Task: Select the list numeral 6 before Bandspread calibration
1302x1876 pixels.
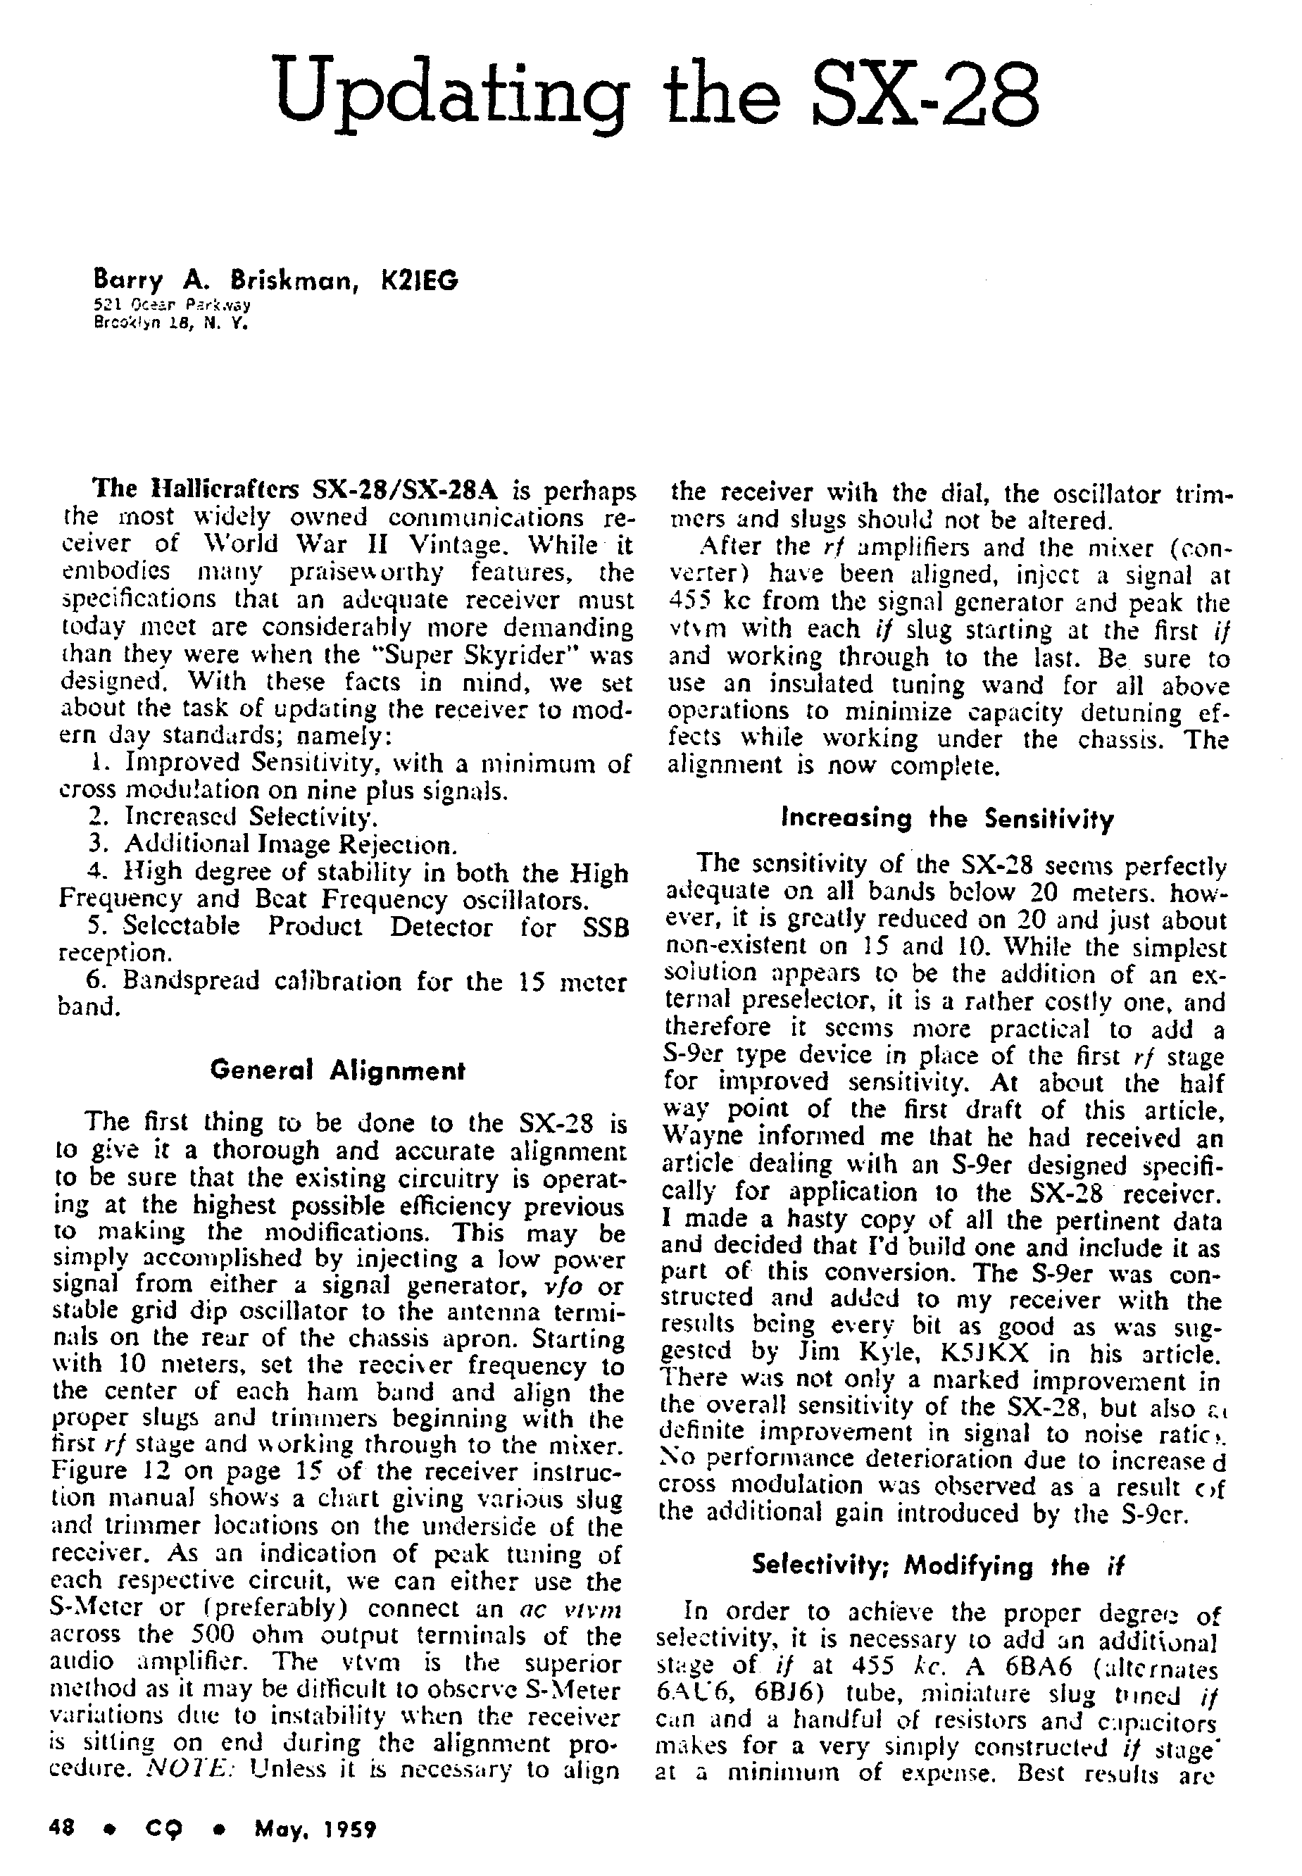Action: click(x=93, y=980)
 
